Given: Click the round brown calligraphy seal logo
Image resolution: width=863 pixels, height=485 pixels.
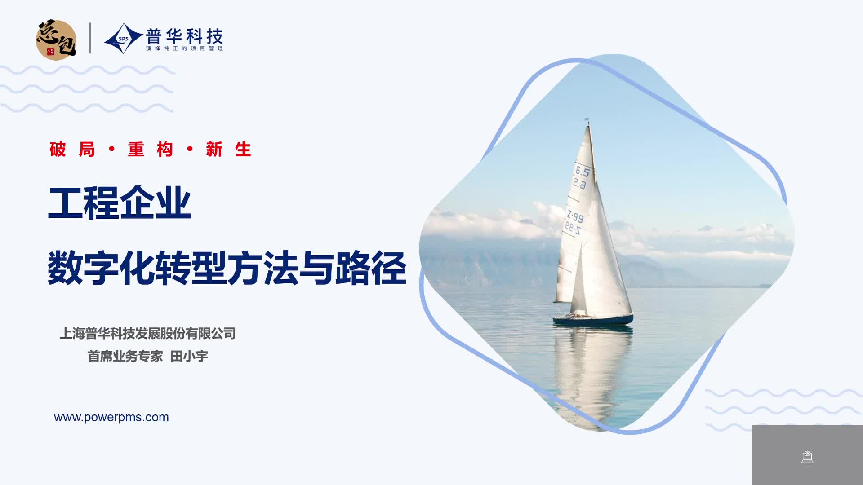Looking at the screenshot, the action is pyautogui.click(x=56, y=40).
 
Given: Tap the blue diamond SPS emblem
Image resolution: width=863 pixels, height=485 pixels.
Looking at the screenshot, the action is pyautogui.click(x=123, y=39).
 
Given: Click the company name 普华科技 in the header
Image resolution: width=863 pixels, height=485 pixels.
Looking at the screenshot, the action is pyautogui.click(x=184, y=36).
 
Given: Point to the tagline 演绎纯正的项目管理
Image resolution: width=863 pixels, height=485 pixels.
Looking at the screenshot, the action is pyautogui.click(x=184, y=48).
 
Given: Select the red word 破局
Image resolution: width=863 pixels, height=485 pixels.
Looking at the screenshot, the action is pyautogui.click(x=72, y=150).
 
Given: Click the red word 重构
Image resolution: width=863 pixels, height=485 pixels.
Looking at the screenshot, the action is pyautogui.click(x=151, y=150).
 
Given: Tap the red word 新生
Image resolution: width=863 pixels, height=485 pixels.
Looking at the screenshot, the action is pyautogui.click(x=228, y=150).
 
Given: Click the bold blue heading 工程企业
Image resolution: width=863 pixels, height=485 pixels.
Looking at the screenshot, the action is pyautogui.click(x=120, y=203).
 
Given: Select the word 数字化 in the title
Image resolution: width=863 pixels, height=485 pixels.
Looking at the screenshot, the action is pyautogui.click(x=101, y=269).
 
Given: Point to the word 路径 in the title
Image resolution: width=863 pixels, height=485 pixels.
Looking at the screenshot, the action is pyautogui.click(x=371, y=269).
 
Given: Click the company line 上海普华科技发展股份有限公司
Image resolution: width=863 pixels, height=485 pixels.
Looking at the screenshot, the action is pyautogui.click(x=147, y=334).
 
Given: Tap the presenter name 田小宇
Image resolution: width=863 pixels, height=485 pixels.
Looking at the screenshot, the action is pyautogui.click(x=189, y=357).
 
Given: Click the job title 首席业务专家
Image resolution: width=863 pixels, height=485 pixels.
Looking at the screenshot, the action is pyautogui.click(x=125, y=357).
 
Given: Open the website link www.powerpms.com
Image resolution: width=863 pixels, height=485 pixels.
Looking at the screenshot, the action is pyautogui.click(x=111, y=417).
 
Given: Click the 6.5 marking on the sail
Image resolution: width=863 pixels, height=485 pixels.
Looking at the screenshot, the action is pyautogui.click(x=582, y=171).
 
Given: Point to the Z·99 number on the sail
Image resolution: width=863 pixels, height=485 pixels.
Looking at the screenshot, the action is pyautogui.click(x=575, y=216).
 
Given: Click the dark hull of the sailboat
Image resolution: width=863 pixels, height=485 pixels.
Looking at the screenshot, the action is pyautogui.click(x=593, y=320).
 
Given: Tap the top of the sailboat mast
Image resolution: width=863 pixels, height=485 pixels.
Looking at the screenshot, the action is pyautogui.click(x=587, y=119).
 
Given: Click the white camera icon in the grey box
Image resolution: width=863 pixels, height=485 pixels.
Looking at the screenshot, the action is pyautogui.click(x=807, y=457).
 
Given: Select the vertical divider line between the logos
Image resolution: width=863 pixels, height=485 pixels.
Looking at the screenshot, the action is pyautogui.click(x=90, y=38).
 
